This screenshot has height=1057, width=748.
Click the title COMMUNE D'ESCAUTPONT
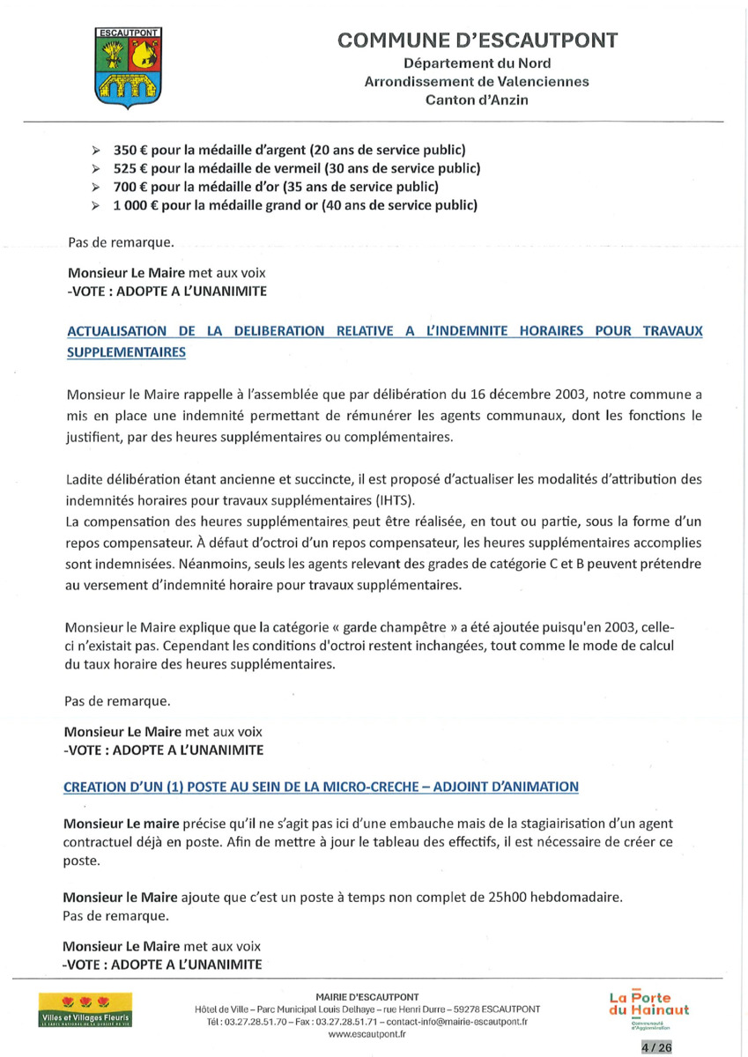(x=477, y=41)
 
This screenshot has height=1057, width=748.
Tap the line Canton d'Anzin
(x=477, y=100)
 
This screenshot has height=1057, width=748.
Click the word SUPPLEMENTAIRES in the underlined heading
(x=126, y=351)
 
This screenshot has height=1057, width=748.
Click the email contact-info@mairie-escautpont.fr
(x=457, y=1022)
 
